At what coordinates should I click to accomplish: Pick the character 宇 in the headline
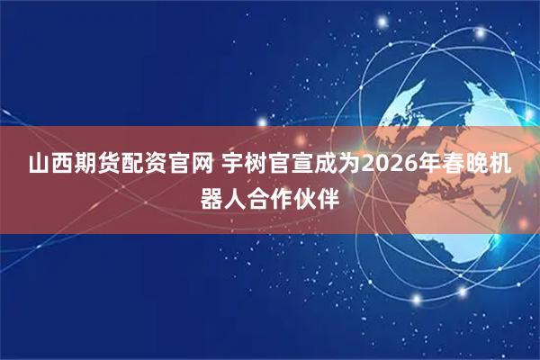click(x=233, y=166)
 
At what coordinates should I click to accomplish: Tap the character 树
click(x=256, y=166)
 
